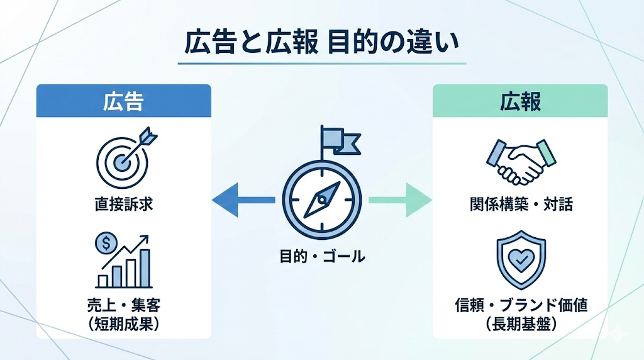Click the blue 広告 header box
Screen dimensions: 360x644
(x=123, y=101)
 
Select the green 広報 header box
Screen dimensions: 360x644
(x=520, y=101)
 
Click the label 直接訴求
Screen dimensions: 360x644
(x=123, y=205)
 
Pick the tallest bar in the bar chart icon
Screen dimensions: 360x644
(x=145, y=267)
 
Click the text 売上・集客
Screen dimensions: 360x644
(x=123, y=307)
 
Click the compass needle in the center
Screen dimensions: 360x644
(x=321, y=200)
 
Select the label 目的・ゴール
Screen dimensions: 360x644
(x=321, y=256)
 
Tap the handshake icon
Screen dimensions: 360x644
(x=521, y=160)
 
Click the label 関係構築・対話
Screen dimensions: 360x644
(x=521, y=205)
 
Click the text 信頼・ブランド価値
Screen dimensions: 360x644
(x=521, y=307)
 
